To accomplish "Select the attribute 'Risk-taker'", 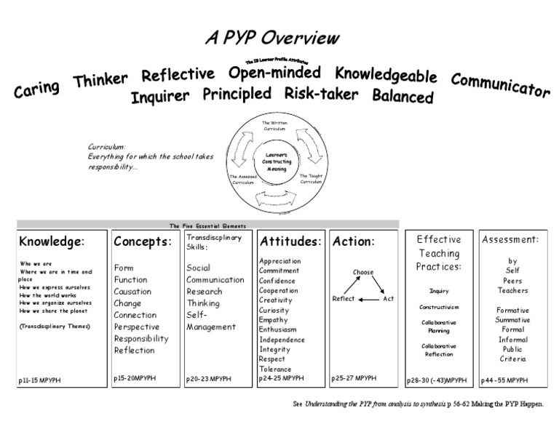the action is [321, 93].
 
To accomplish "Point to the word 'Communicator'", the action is [500, 85].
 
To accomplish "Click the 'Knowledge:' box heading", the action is [52, 241].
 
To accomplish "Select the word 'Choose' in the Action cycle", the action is [363, 273].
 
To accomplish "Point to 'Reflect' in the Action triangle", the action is [344, 299].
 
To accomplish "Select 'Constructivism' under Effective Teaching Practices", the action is [439, 308].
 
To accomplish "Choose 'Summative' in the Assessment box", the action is [514, 319].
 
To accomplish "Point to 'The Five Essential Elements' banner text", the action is [207, 225].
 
